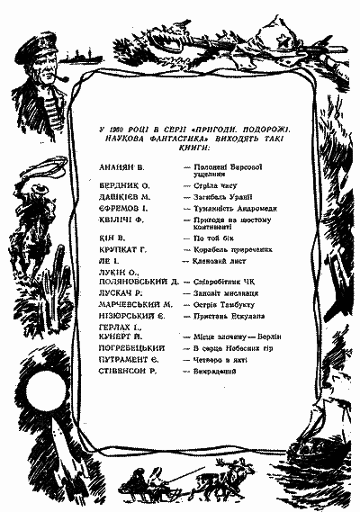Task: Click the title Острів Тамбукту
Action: pyautogui.click(x=231, y=304)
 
